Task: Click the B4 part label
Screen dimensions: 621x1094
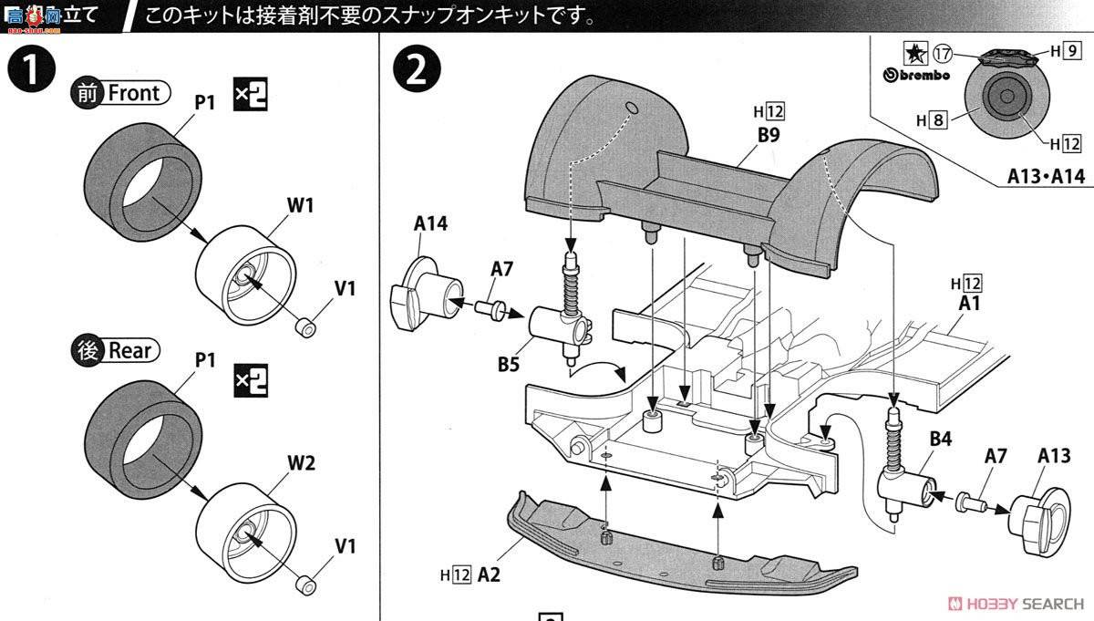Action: (940, 440)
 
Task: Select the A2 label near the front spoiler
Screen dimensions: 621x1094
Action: (489, 575)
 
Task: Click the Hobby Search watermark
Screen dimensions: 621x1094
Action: (1016, 603)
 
